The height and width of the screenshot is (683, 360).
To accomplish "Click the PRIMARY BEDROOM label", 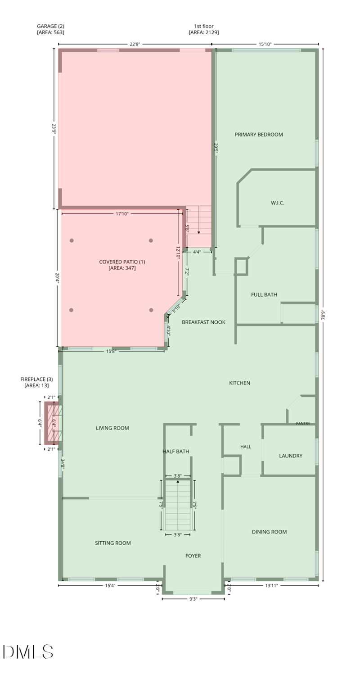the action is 258,135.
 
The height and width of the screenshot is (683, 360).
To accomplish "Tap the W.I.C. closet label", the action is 277,203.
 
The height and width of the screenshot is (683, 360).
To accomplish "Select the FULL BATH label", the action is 264,294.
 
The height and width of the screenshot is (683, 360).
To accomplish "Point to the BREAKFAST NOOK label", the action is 203,322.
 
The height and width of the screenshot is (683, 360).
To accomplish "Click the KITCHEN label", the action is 239,383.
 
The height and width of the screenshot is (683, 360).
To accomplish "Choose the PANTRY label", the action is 303,423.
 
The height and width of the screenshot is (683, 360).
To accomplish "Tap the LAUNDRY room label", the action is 291,456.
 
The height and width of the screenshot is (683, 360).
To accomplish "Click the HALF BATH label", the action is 176,451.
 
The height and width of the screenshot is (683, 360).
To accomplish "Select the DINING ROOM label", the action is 269,532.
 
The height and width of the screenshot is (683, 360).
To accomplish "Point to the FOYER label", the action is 193,556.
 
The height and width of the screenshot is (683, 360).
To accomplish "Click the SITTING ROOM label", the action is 113,543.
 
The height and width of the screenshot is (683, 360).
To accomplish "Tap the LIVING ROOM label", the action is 112,428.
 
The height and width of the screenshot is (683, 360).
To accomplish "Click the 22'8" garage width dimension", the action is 135,44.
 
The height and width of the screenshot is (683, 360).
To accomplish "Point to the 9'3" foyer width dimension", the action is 193,599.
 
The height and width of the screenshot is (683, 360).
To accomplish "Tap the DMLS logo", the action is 28,651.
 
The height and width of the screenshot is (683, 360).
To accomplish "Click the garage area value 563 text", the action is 50,32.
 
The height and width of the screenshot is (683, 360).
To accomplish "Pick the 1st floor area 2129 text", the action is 203,32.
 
